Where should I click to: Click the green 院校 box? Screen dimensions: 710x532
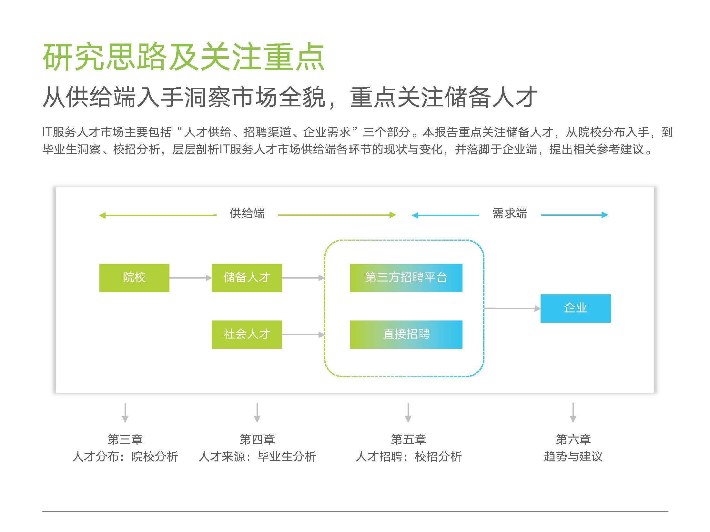pos(134,278)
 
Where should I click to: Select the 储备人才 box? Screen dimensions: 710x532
pos(247,278)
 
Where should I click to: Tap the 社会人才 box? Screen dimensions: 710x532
pos(247,334)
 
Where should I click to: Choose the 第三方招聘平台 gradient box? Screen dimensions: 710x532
pos(406,278)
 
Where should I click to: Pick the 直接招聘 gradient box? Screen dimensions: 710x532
pos(406,334)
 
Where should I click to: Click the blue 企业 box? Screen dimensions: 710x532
pos(575,308)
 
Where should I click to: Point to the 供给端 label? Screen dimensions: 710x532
pos(247,213)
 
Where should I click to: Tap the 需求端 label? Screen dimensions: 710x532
pos(510,213)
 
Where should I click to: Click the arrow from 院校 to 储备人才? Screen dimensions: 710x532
pos(190,278)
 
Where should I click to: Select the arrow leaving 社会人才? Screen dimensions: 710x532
pos(303,335)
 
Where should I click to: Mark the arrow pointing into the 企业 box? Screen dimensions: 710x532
pos(512,309)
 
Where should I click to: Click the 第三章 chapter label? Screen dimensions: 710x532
pos(125,439)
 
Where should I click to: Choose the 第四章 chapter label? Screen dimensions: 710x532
pos(257,439)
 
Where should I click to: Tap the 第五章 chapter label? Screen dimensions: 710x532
pos(409,439)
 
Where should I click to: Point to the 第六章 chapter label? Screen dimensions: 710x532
pos(573,439)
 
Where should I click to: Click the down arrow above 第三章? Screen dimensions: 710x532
pos(125,412)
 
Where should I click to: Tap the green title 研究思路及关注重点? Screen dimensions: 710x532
pos(183,57)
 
